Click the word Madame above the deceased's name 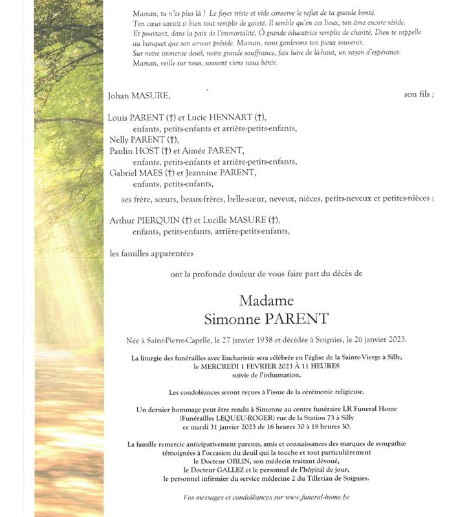point(266,301)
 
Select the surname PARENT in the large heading point(302,319)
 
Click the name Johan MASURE point(140,95)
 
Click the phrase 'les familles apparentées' point(151,253)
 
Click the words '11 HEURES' point(334,366)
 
